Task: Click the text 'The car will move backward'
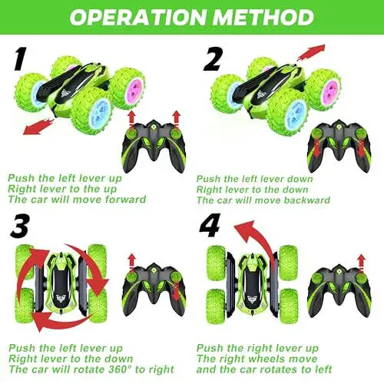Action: [263, 200]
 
